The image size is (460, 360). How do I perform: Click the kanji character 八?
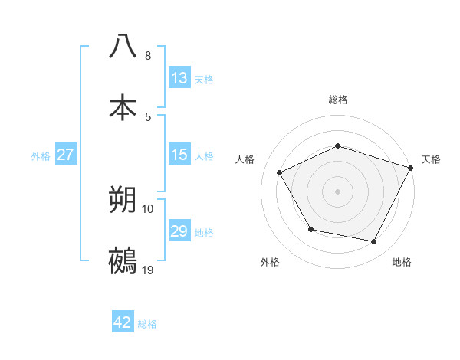coord(123,46)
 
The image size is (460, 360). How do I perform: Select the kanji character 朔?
coord(123,200)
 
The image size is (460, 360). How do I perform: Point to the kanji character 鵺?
coord(123,261)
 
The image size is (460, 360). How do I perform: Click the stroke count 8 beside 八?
coord(148,56)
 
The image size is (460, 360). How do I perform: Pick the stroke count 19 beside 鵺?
coord(148,270)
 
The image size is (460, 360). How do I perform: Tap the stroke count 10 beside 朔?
coord(148,208)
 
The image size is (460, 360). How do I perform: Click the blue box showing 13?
coord(179,78)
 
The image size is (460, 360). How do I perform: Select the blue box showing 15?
coord(179,155)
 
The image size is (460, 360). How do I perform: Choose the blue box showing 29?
coord(179,231)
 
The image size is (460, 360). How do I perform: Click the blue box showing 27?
coord(66,155)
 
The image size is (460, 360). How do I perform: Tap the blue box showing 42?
coord(123,322)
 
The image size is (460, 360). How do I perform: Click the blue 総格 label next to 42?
coord(147,324)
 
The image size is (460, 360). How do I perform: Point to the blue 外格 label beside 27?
coord(41,155)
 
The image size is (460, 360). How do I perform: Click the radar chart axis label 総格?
coord(338,100)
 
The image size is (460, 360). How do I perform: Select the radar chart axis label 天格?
coord(432,159)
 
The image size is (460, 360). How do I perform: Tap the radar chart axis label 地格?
coord(402,262)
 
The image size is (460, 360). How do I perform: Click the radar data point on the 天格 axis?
coord(412,168)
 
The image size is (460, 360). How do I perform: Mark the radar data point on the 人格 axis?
coord(279,173)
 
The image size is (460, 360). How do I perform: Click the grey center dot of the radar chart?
coord(338,191)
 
